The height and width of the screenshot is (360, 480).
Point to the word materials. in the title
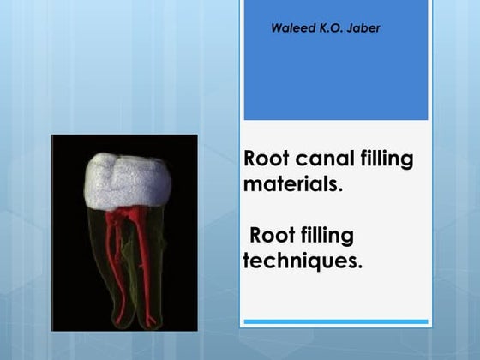[x=293, y=183]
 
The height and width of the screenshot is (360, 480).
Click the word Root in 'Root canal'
[x=264, y=159]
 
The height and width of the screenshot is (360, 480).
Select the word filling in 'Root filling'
[x=327, y=236]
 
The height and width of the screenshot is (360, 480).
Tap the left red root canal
[x=111, y=257]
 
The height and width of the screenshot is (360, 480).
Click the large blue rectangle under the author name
[x=335, y=81]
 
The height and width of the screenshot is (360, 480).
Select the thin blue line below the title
[x=335, y=321]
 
